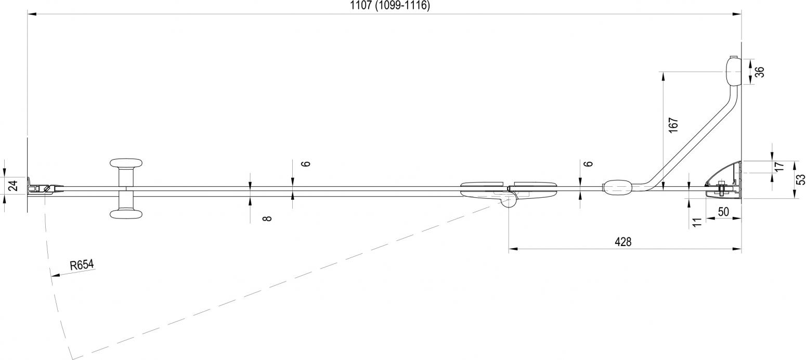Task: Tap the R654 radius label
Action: [82, 265]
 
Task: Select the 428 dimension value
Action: [623, 242]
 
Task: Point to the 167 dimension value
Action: [673, 125]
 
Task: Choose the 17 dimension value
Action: [778, 166]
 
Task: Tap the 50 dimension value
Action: [723, 212]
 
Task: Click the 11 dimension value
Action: [697, 222]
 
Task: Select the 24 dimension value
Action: [13, 186]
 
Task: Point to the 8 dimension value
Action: [267, 218]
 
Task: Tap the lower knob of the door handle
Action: [126, 214]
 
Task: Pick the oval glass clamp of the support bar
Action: [617, 187]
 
